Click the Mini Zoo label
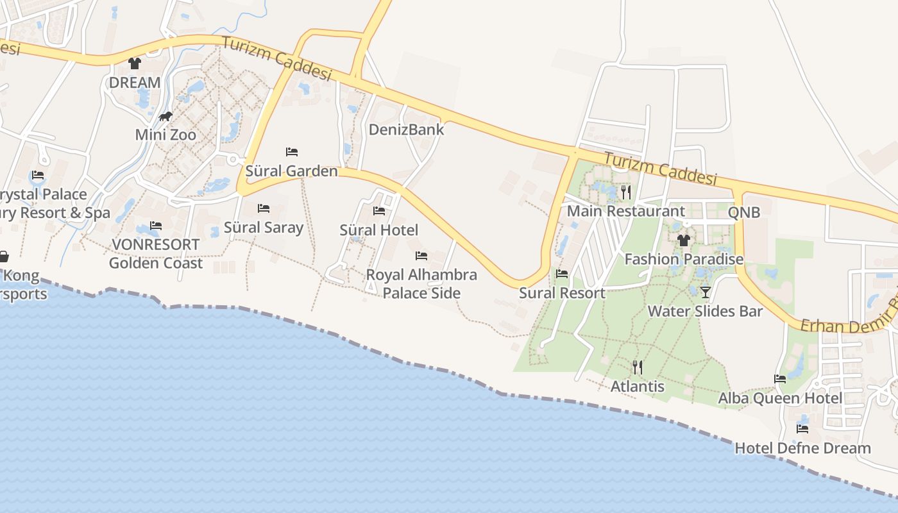tap(165, 135)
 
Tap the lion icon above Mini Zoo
tap(165, 117)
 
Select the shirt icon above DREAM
tap(134, 63)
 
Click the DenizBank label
tap(406, 130)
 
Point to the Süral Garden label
tap(291, 171)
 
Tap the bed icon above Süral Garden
tap(292, 152)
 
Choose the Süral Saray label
tap(263, 228)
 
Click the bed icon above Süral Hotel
tap(379, 210)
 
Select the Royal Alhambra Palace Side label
tap(421, 284)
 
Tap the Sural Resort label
tap(562, 293)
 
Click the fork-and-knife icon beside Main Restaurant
tap(627, 192)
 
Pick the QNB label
tap(744, 212)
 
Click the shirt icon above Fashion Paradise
tap(684, 240)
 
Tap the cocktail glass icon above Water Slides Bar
tap(706, 292)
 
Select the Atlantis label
tap(637, 387)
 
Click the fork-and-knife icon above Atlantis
tap(637, 367)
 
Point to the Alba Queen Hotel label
tap(780, 398)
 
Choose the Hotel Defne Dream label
tap(802, 448)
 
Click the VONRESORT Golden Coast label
tap(156, 254)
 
